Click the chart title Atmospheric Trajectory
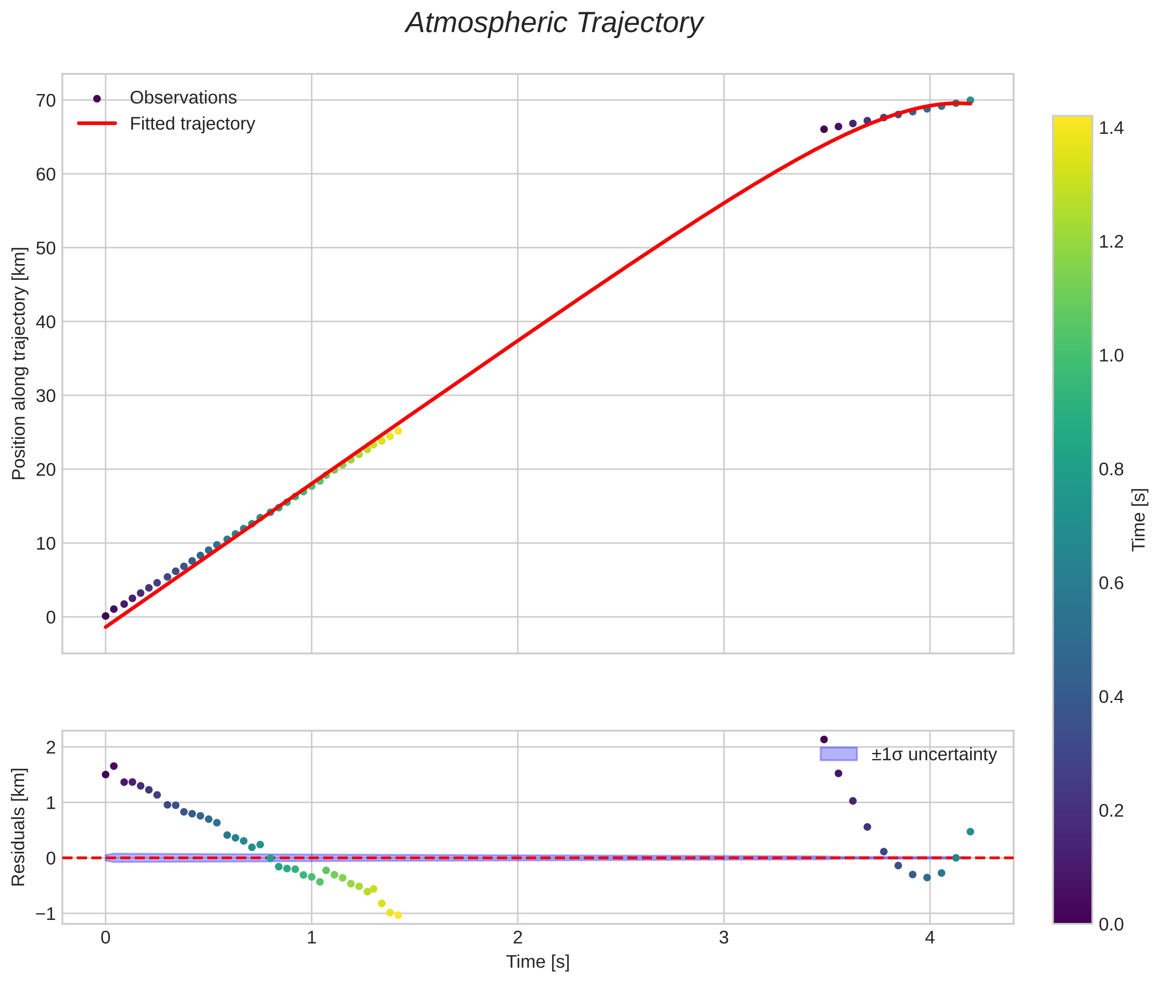554,23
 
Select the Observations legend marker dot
97,98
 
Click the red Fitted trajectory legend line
97,123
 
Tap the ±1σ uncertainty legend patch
838,754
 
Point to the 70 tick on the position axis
46,101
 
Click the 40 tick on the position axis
46,322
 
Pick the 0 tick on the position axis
51,617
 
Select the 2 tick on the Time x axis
517,937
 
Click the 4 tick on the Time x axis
929,937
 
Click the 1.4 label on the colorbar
1111,128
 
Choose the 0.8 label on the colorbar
1111,469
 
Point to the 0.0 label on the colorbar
1111,924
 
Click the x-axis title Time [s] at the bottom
538,962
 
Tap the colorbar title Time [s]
1139,519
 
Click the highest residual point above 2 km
824,739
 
